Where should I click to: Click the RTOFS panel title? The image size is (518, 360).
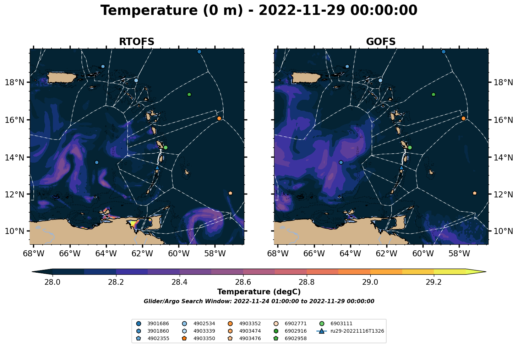pyautogui.click(x=136, y=42)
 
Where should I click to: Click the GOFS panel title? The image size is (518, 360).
pyautogui.click(x=381, y=42)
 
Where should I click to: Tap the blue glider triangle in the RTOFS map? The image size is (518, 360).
pyautogui.click(x=157, y=168)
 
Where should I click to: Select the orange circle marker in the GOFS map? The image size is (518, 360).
pyautogui.click(x=463, y=118)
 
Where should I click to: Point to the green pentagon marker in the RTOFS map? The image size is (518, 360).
pyautogui.click(x=189, y=94)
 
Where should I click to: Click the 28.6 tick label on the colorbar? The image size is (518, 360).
pyautogui.click(x=243, y=282)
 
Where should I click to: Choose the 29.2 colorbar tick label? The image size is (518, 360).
pyautogui.click(x=434, y=282)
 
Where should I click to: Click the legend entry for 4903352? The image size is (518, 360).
pyautogui.click(x=244, y=324)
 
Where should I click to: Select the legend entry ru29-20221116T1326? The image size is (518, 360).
pyautogui.click(x=350, y=331)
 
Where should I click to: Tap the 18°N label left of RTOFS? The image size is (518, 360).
pyautogui.click(x=15, y=82)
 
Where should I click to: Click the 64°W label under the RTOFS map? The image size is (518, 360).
pyautogui.click(x=106, y=253)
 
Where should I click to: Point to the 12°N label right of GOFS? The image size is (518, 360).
pyautogui.click(x=503, y=195)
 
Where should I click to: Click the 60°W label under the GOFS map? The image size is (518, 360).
pyautogui.click(x=423, y=253)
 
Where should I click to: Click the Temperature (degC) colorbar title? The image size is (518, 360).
pyautogui.click(x=259, y=292)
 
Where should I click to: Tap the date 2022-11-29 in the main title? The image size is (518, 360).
pyautogui.click(x=302, y=10)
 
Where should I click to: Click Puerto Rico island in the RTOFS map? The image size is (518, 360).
pyautogui.click(x=61, y=78)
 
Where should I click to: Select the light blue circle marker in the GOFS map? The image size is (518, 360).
pyautogui.click(x=380, y=81)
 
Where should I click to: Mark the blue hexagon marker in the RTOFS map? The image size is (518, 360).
pyautogui.click(x=97, y=163)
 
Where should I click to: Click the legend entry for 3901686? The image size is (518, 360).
pyautogui.click(x=153, y=324)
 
